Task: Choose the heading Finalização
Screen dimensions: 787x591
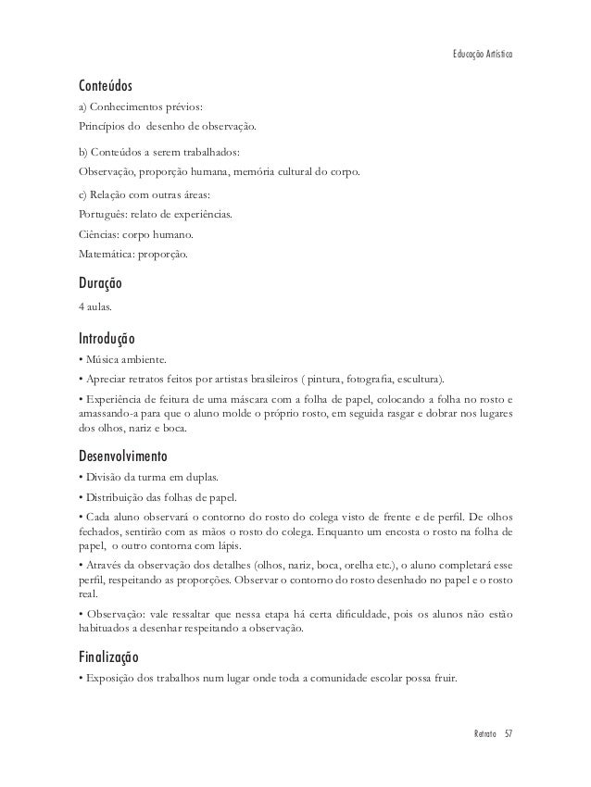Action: [x=108, y=656]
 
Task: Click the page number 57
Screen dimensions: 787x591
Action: [x=509, y=733]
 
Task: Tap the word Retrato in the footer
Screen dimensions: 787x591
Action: [x=481, y=733]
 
